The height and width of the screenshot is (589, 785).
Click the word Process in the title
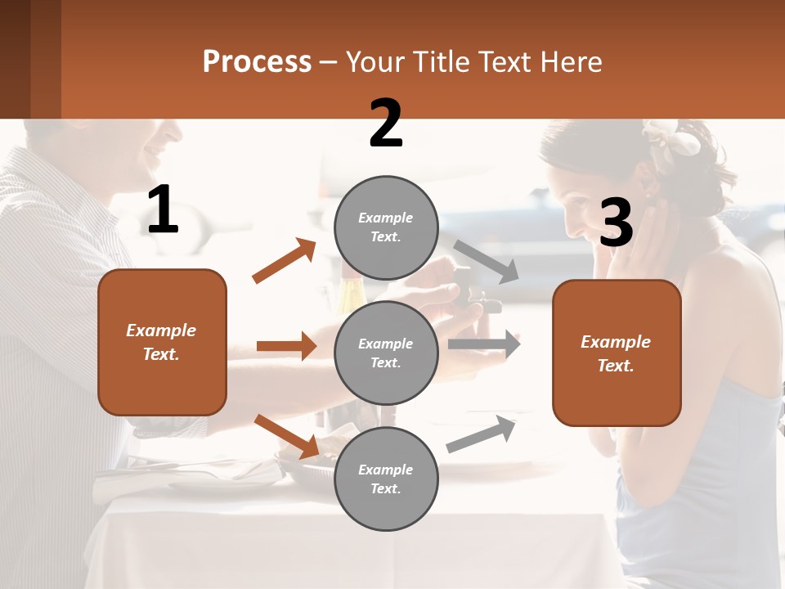pyautogui.click(x=257, y=62)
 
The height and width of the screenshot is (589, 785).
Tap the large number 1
pyautogui.click(x=163, y=210)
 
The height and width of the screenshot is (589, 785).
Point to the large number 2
pyautogui.click(x=386, y=124)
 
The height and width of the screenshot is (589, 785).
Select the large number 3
pyautogui.click(x=617, y=223)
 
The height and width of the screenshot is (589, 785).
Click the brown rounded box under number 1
pyautogui.click(x=162, y=342)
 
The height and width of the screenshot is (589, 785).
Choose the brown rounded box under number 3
pyautogui.click(x=617, y=353)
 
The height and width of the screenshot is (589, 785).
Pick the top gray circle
pyautogui.click(x=386, y=227)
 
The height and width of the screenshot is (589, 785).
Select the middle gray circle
pyautogui.click(x=386, y=353)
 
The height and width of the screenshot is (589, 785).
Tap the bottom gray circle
pyautogui.click(x=386, y=479)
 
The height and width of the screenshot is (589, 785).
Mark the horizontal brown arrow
pyautogui.click(x=286, y=346)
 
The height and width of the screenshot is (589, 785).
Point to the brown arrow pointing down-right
pyautogui.click(x=286, y=436)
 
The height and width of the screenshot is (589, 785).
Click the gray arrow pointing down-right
pyautogui.click(x=486, y=262)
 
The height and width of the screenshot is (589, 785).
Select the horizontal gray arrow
pyautogui.click(x=484, y=344)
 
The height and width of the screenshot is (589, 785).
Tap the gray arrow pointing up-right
pyautogui.click(x=482, y=434)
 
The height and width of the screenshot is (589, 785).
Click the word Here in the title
pyautogui.click(x=570, y=62)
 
